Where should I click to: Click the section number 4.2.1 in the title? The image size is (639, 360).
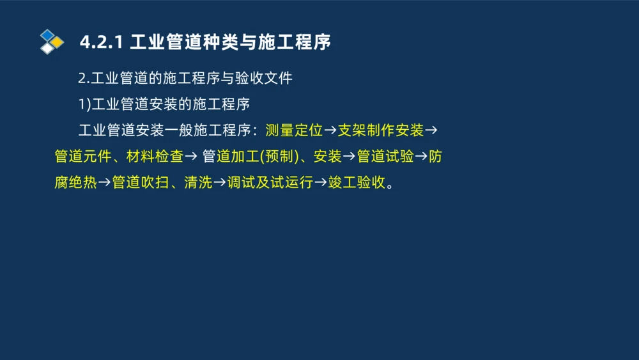click(x=102, y=43)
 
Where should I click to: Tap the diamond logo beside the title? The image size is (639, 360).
click(x=51, y=42)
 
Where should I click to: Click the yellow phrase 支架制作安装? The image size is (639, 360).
click(x=381, y=130)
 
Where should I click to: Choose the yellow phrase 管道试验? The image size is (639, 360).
click(x=385, y=157)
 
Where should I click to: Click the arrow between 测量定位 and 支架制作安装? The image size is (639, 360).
click(x=330, y=131)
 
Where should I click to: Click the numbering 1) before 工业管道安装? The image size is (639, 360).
click(x=84, y=105)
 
